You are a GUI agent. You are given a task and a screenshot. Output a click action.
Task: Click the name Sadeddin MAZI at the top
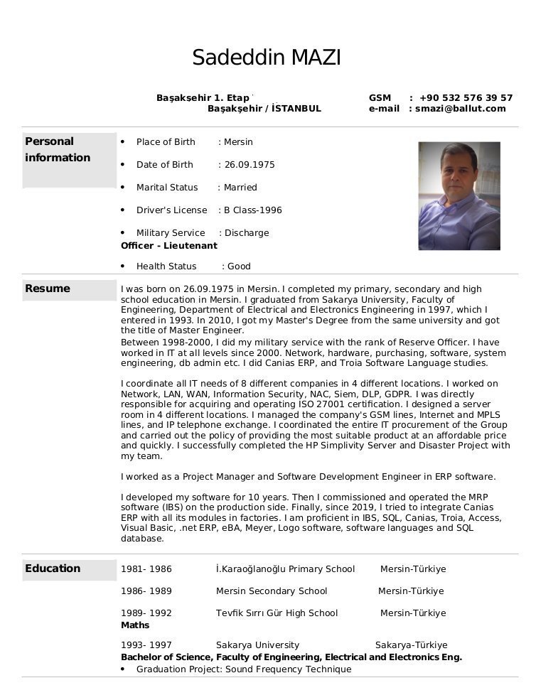[267, 58]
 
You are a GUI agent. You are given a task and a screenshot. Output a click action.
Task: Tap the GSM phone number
[466, 97]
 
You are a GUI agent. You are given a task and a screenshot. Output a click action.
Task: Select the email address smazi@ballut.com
[460, 109]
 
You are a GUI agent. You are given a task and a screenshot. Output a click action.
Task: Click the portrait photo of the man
[459, 195]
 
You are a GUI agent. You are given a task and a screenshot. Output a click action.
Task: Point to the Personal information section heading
[58, 149]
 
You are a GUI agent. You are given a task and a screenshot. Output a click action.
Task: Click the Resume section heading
[48, 289]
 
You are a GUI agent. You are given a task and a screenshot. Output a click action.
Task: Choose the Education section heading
[53, 569]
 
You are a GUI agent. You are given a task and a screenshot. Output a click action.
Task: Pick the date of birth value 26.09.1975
[250, 165]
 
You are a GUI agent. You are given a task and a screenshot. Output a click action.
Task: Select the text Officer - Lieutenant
[169, 245]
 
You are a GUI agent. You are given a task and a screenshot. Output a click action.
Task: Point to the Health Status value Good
[239, 266]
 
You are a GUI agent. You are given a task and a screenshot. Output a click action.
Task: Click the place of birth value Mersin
[238, 142]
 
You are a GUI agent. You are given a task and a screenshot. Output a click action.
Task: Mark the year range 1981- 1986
[146, 569]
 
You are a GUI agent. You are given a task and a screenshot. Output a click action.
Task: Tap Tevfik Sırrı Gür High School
[277, 613]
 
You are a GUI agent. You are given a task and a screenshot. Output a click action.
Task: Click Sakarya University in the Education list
[257, 645]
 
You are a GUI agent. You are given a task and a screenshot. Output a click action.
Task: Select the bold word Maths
[135, 625]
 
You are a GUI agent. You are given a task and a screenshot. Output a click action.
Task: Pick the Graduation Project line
[243, 669]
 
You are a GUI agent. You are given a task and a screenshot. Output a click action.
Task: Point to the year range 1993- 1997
[146, 645]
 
